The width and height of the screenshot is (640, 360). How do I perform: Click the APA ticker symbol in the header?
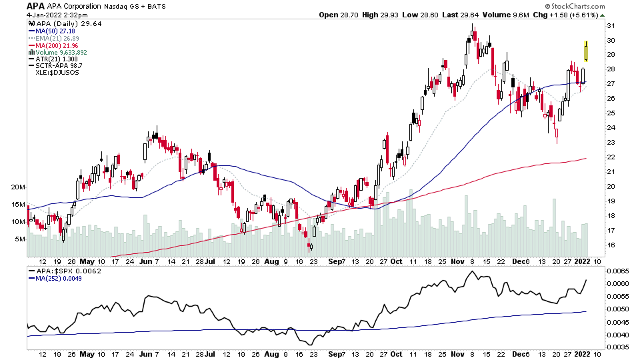click(x=36, y=6)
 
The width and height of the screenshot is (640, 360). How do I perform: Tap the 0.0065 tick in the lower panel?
click(x=621, y=271)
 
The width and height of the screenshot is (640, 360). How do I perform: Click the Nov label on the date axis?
click(x=457, y=262)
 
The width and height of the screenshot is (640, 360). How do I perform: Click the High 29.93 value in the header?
click(x=377, y=15)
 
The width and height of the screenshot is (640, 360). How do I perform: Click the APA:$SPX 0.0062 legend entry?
click(x=63, y=271)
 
